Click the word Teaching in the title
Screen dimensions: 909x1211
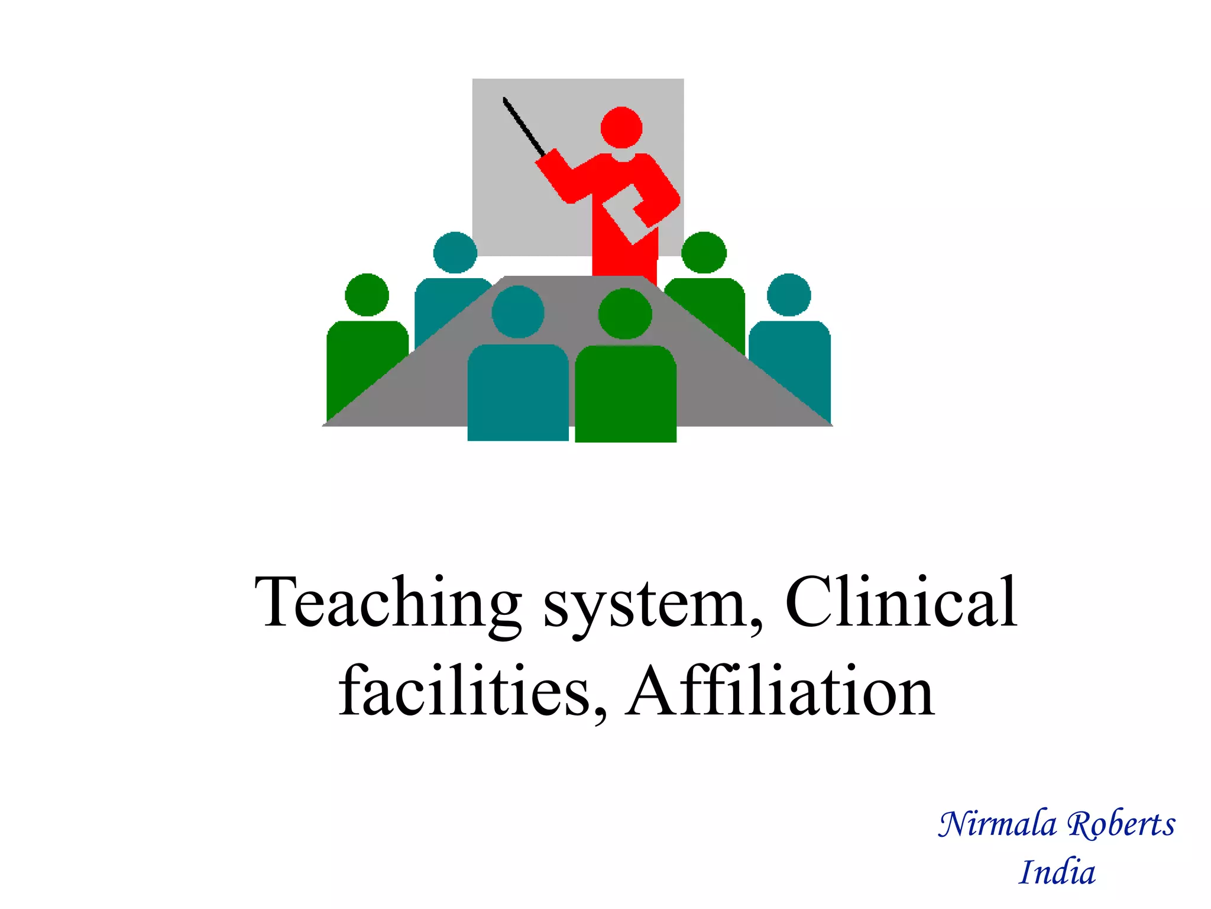[387, 604]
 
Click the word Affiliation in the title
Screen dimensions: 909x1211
[781, 691]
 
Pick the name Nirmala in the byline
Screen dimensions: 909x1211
[997, 824]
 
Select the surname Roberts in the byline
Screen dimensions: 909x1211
[1121, 824]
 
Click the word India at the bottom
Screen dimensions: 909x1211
[1057, 872]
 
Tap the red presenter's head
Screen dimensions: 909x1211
[621, 127]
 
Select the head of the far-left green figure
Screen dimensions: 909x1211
[367, 295]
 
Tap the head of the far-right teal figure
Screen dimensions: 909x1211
[789, 295]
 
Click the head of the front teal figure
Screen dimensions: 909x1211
[518, 312]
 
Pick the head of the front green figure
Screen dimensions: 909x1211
[625, 314]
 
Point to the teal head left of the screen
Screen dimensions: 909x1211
[455, 253]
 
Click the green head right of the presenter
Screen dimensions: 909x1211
[704, 253]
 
